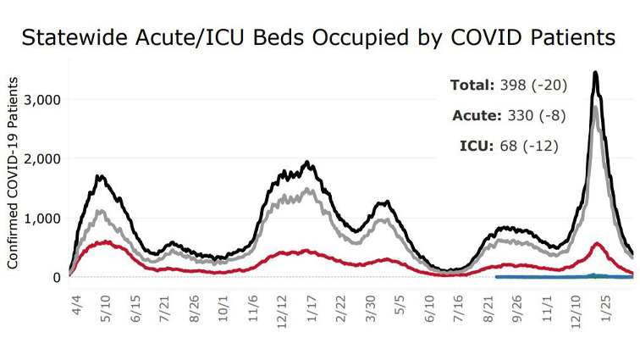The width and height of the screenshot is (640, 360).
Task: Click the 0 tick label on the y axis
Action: (56, 277)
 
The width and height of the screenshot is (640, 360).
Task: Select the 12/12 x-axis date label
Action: (283, 303)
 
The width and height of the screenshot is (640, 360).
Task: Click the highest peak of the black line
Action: (596, 73)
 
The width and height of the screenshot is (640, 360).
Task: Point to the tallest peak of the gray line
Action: (596, 107)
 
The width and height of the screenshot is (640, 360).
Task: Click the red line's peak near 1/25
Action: (598, 244)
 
